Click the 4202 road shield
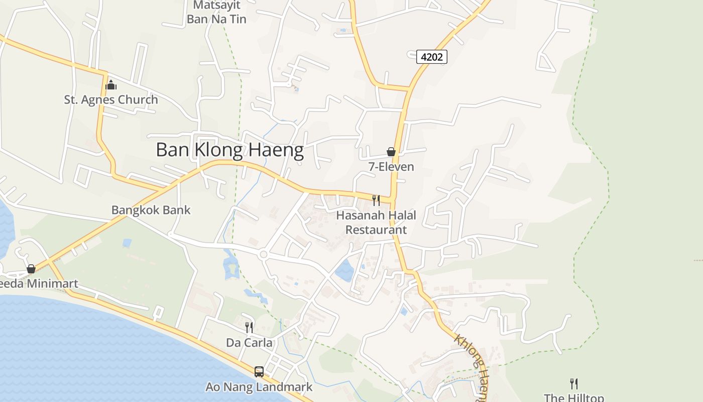(432, 57)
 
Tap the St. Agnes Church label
(111, 99)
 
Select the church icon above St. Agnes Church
(111, 85)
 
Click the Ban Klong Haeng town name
(229, 150)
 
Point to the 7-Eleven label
(391, 166)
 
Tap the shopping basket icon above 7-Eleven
(391, 152)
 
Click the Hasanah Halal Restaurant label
(376, 223)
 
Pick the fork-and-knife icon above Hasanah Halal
(376, 200)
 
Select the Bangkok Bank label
(151, 210)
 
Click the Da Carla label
(249, 343)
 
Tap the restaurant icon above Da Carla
(249, 328)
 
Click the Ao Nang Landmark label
(259, 387)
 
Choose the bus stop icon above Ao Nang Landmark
(259, 372)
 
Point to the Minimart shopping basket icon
(31, 269)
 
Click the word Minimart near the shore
(52, 284)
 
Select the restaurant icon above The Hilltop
(574, 384)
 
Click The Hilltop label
(574, 397)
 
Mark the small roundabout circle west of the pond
(263, 255)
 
